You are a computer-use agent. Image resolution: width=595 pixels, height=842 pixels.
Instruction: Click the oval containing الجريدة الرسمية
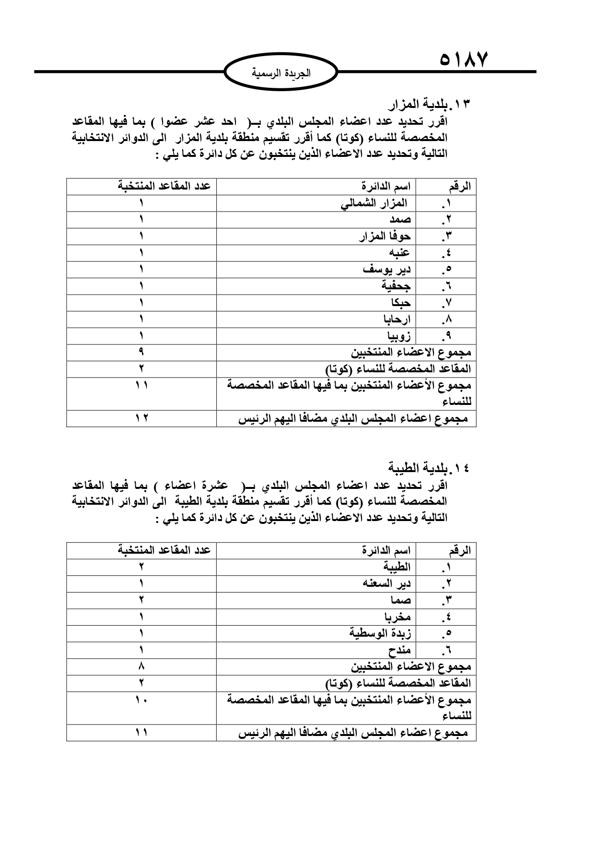pos(281,73)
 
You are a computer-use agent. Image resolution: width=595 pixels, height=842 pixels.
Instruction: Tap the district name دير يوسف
pos(387,269)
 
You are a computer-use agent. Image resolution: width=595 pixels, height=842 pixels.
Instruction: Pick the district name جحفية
pos(396,286)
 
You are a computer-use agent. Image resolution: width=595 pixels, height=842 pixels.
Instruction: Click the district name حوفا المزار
pos(385,236)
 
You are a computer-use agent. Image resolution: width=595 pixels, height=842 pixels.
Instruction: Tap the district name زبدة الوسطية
pos(380,633)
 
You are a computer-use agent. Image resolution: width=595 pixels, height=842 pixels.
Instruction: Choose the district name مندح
pos(399,650)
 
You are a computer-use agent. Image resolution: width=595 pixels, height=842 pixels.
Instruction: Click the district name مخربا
pos(397,617)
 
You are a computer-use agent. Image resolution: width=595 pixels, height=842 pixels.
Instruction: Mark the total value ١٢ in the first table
pos(141,418)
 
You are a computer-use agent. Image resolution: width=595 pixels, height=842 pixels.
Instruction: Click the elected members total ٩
pos(141,352)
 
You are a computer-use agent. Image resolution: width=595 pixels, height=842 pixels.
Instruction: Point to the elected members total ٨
pos(141,666)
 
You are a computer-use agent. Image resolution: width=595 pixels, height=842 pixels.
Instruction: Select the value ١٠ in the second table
pos(141,700)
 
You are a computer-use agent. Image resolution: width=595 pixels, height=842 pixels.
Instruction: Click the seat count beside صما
pos(141,600)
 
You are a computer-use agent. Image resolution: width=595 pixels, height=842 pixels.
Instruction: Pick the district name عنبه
pos(399,253)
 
